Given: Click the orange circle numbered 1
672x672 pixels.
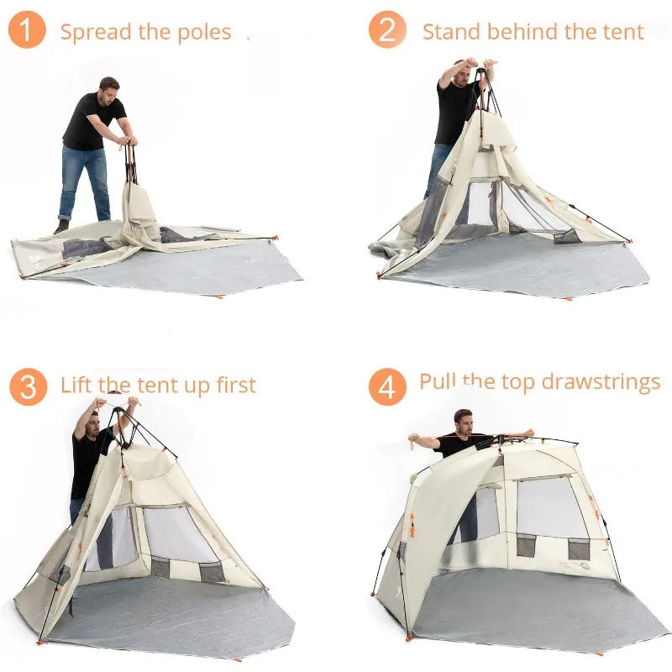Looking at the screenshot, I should pyautogui.click(x=27, y=31).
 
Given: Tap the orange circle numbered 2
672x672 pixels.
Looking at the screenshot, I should pyautogui.click(x=387, y=31).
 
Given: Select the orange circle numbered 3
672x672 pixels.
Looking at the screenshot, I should pyautogui.click(x=28, y=387).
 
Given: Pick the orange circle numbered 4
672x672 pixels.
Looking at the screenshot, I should pyautogui.click(x=386, y=387).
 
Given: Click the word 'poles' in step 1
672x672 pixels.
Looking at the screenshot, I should pyautogui.click(x=205, y=33).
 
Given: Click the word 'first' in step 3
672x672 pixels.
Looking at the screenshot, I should pyautogui.click(x=232, y=386).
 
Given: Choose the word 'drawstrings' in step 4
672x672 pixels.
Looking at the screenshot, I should pyautogui.click(x=601, y=382).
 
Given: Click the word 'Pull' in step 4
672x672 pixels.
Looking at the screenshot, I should pyautogui.click(x=438, y=382).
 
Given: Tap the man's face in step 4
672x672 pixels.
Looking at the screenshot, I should pyautogui.click(x=464, y=418).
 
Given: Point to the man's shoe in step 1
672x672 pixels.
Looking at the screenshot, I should pyautogui.click(x=61, y=226).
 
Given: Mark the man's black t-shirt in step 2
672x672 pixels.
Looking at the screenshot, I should pyautogui.click(x=454, y=109).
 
